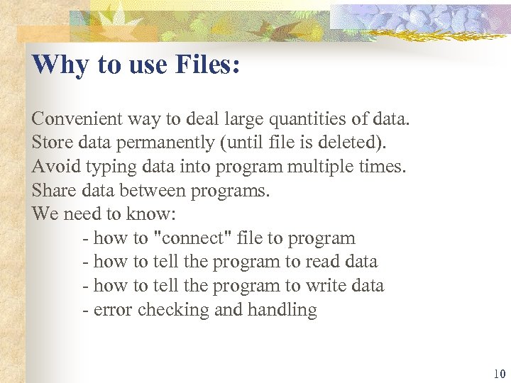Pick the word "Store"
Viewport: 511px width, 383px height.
(x=52, y=143)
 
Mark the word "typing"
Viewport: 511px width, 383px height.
(x=109, y=167)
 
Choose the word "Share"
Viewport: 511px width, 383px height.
(x=53, y=191)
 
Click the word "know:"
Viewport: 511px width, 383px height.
(x=146, y=214)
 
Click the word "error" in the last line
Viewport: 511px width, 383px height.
(x=113, y=310)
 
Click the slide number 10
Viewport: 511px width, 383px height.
(x=499, y=374)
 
